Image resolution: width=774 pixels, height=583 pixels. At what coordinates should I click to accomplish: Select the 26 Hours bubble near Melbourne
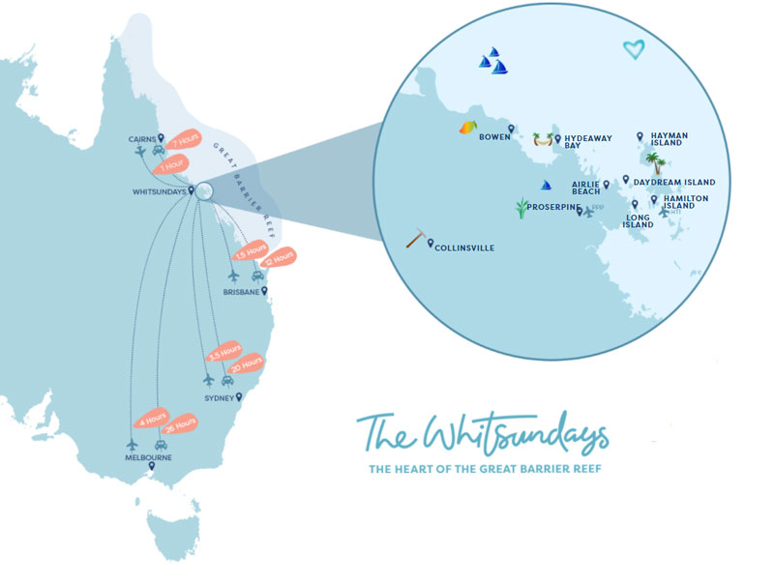tap(181, 423)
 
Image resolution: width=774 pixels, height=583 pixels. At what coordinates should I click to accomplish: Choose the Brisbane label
tap(241, 291)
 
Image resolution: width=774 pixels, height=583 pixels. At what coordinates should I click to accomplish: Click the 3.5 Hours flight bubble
tap(225, 351)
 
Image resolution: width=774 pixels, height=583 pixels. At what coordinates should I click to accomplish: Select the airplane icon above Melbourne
tap(133, 444)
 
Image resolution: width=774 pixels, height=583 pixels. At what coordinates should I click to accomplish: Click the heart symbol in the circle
tap(633, 49)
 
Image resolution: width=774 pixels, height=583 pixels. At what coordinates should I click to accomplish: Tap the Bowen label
tap(494, 136)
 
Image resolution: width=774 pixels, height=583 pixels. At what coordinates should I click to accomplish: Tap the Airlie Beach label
tap(585, 188)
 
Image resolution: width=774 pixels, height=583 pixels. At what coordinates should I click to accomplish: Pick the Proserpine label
tap(553, 208)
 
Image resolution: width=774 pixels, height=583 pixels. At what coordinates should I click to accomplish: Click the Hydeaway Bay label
tap(588, 142)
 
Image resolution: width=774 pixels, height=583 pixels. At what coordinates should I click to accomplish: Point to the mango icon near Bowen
tap(468, 128)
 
